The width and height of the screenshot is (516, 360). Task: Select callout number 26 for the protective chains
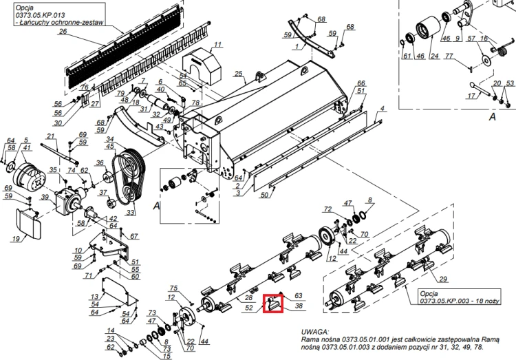63,32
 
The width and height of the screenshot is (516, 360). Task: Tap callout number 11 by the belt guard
218,45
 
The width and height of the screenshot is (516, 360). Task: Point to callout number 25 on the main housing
238,74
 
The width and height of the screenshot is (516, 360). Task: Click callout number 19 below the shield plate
16,239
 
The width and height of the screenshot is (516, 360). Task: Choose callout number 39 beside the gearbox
45,198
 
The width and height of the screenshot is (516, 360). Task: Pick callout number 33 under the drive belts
131,213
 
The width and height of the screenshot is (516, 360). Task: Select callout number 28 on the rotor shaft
248,298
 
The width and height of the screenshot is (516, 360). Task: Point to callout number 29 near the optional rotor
443,279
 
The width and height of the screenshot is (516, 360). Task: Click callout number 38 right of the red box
299,306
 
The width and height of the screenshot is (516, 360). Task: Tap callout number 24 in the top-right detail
434,56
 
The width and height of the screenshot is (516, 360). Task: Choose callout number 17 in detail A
471,96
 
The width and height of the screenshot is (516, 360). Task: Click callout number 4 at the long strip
382,108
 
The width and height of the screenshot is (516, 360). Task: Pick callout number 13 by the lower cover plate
94,297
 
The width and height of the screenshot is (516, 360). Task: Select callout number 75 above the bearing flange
173,288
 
